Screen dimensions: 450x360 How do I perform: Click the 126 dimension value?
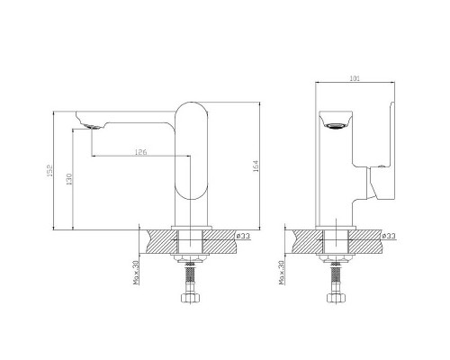click(x=140, y=152)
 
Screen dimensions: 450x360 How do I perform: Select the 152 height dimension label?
click(x=49, y=170)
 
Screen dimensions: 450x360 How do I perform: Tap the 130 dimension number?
click(x=69, y=179)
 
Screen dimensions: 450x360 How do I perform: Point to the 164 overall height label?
click(x=256, y=166)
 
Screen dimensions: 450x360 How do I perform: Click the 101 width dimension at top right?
click(x=355, y=78)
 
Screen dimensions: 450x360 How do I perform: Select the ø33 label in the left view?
click(x=243, y=236)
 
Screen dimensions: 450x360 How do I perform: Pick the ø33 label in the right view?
click(x=389, y=236)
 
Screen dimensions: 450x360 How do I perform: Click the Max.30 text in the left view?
click(x=136, y=273)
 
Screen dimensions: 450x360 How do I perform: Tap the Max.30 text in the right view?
click(x=282, y=273)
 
